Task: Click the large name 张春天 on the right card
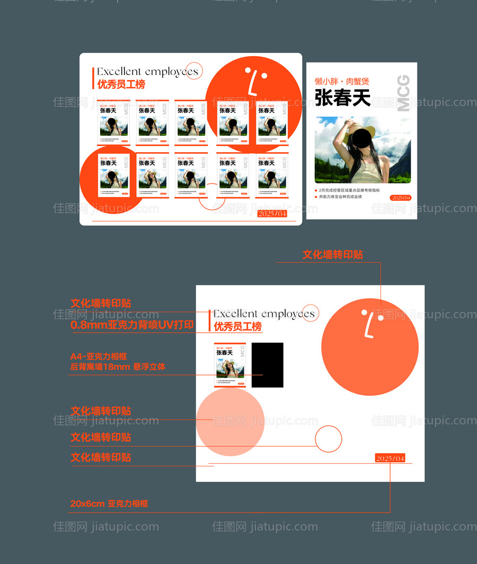point(342,98)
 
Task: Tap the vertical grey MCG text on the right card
point(403,93)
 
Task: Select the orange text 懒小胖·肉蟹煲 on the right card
point(342,81)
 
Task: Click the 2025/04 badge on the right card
point(400,197)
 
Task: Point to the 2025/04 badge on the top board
point(272,213)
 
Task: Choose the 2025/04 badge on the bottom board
point(390,458)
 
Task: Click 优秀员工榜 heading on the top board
point(121,84)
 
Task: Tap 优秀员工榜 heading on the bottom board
point(238,326)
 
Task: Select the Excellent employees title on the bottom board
point(264,314)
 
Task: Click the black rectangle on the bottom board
point(267,365)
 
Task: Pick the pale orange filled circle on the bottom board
point(230,422)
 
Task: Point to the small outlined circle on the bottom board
point(329,439)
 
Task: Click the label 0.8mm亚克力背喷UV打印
point(132,325)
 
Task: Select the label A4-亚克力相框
point(99,356)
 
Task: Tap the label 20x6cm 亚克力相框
point(109,504)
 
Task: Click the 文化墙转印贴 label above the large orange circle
point(333,255)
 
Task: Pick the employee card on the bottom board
point(230,365)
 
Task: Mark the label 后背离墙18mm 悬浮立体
point(118,367)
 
